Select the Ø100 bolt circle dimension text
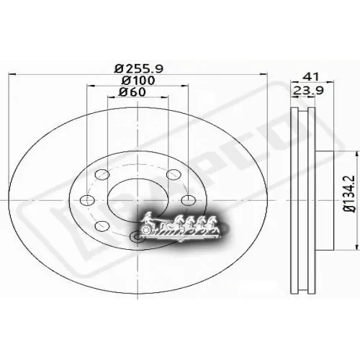(138, 79)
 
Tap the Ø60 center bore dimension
(133, 91)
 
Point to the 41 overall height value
(310, 74)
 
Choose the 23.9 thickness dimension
(304, 90)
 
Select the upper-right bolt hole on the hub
(171, 174)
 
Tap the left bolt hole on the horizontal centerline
(86, 200)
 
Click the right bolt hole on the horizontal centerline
(187, 200)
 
